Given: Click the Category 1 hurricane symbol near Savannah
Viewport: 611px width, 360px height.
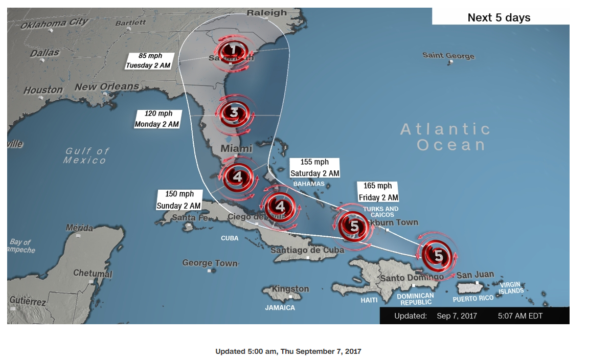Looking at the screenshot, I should tap(234, 51).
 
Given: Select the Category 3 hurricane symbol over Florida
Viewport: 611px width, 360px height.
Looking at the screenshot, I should tap(234, 112).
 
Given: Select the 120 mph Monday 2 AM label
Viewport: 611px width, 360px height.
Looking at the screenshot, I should tap(157, 119).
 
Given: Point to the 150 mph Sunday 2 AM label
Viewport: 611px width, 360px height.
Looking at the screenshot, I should tap(179, 199).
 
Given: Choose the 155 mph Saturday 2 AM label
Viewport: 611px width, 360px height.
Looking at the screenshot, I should tap(314, 168).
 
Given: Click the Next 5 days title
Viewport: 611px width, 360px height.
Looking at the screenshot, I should tap(499, 17).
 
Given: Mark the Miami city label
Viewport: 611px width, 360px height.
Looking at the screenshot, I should tap(236, 149).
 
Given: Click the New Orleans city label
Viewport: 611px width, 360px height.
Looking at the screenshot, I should tap(107, 87).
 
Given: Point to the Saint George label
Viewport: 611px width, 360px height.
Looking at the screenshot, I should tap(448, 56).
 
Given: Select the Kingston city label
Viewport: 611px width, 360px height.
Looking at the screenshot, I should tap(290, 289).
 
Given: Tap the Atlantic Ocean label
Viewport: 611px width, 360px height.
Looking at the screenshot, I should tap(445, 137).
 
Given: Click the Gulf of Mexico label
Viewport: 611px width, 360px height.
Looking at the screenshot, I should tap(86, 155).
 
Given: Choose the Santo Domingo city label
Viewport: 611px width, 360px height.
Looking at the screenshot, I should tap(412, 277).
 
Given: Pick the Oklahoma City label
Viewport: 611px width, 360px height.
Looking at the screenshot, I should tap(54, 22).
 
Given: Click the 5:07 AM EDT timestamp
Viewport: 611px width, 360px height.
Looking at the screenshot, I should tap(520, 316).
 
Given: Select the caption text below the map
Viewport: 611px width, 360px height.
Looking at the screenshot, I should tap(288, 351).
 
